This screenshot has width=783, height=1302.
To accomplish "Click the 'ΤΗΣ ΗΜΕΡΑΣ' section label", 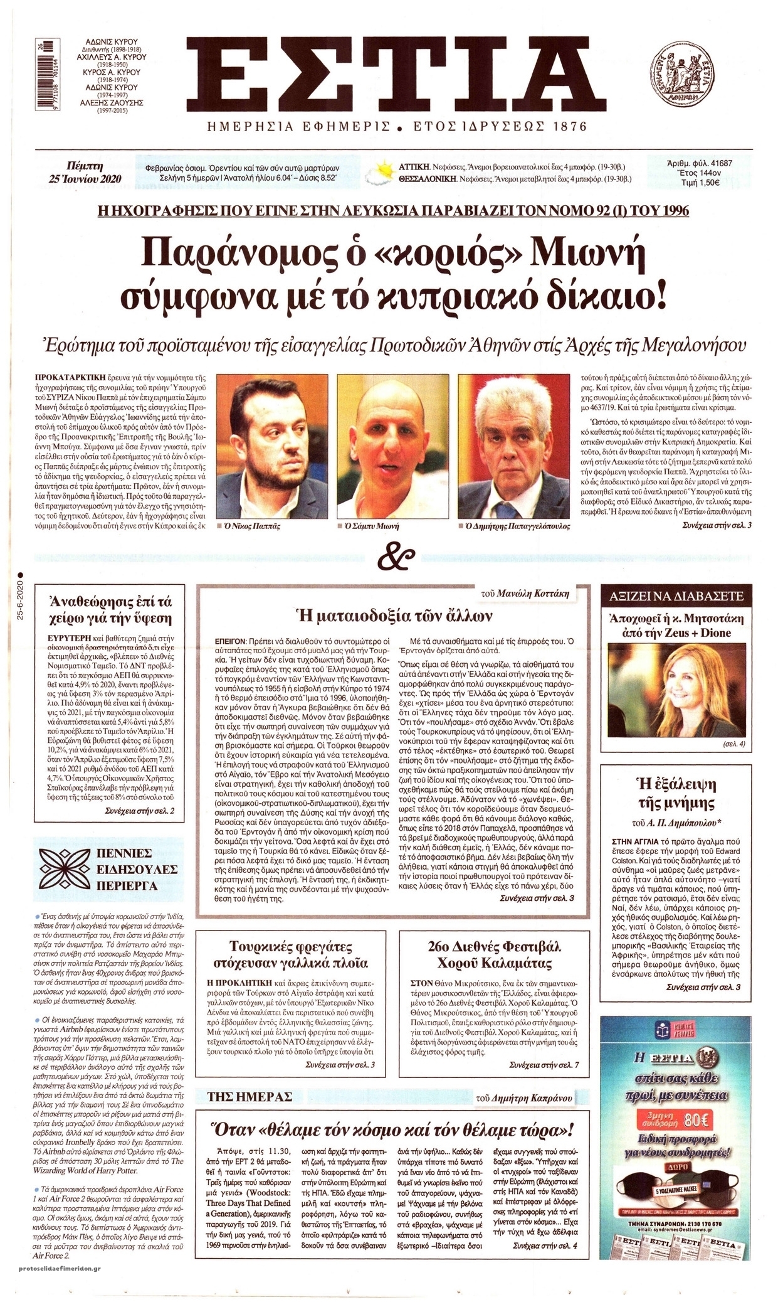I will coord(251,1096).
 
